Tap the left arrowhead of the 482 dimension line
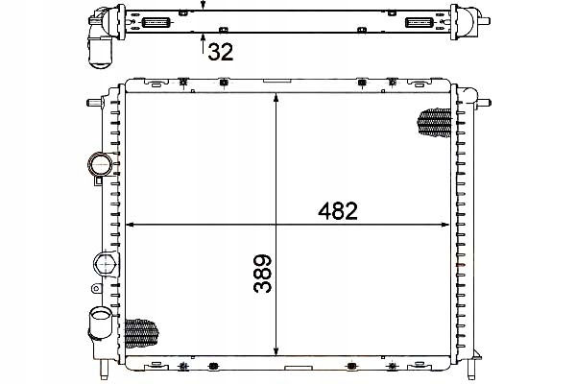pos(132,226)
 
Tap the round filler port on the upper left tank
pos(98,163)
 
